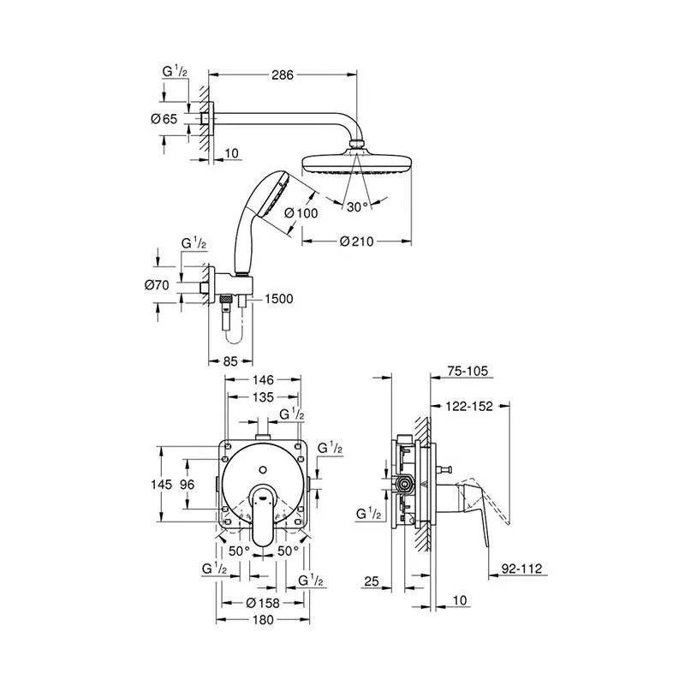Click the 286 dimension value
pos(283,75)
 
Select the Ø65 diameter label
pos(164,119)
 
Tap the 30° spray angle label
pos(357,206)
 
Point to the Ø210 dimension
pos(357,241)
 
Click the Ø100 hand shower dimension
pos(301,213)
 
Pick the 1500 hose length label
pos(279,299)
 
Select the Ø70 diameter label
pos(157,285)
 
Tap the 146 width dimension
pos(263,380)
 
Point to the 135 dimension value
pos(264,397)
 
